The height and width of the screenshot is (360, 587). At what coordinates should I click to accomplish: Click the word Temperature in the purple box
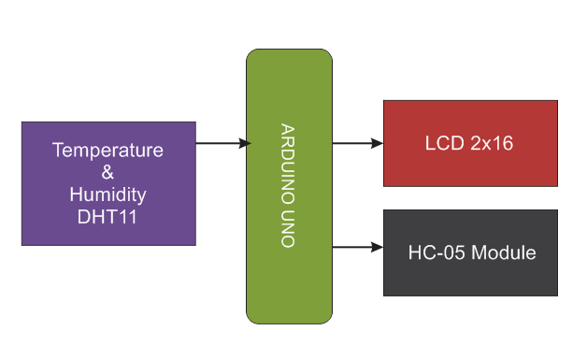[108, 150]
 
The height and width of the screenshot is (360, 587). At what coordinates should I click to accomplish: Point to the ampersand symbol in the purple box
[108, 172]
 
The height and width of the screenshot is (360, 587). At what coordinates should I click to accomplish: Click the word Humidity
[108, 194]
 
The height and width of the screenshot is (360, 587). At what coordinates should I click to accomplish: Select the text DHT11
[108, 217]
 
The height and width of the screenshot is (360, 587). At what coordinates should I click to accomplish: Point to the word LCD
[442, 145]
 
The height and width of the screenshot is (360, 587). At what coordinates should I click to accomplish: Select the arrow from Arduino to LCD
[355, 143]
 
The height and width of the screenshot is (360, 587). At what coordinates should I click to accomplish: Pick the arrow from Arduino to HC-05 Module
[355, 248]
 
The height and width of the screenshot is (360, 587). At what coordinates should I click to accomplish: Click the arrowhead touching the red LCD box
[378, 143]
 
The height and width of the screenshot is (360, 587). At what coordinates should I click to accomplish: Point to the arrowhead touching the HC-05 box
[378, 248]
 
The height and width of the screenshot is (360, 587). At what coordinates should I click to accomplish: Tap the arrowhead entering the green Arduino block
[245, 143]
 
